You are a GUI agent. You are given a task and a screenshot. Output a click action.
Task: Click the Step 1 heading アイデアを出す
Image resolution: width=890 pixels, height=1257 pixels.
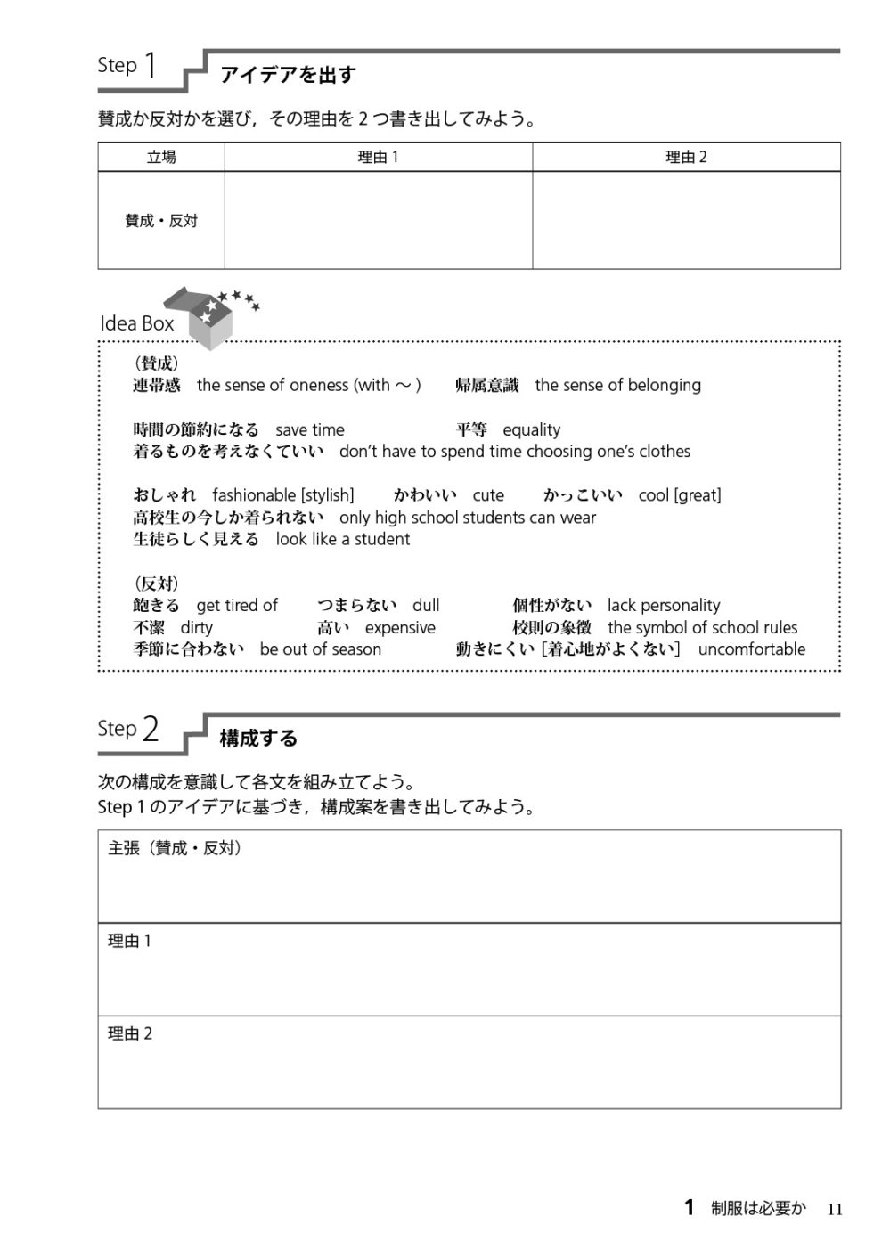coord(287,75)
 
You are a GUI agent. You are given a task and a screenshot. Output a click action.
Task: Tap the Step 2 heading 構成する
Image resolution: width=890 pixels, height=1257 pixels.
coord(258,739)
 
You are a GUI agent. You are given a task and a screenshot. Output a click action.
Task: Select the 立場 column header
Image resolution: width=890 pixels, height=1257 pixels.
coord(161,158)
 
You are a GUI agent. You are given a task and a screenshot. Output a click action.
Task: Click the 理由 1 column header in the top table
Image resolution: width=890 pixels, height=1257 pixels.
coord(378,158)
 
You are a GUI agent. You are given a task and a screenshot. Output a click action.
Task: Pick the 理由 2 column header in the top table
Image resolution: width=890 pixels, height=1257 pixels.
coord(686,158)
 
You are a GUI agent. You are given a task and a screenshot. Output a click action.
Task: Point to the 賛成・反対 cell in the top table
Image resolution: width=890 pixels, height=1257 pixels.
coord(161,221)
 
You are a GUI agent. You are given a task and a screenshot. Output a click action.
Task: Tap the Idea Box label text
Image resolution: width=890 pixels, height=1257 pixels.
coord(136,324)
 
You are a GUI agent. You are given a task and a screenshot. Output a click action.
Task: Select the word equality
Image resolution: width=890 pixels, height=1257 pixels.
coord(532,429)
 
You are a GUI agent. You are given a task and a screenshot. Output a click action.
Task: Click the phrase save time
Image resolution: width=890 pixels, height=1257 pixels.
coord(309,429)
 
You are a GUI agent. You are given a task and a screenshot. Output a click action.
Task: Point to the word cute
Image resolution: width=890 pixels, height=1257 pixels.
coord(488,495)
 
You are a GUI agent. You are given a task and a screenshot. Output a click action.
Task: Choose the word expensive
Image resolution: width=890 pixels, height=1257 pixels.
coord(400,628)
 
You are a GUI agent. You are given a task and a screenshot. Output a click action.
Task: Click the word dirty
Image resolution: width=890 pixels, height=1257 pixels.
coord(196,628)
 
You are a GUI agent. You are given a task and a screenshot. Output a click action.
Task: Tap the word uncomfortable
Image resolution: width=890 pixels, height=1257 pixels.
coord(751,649)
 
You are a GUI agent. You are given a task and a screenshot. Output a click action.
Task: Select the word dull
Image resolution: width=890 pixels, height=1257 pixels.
coord(426,606)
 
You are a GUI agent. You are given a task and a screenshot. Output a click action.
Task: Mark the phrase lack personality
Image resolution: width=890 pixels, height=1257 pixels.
coord(664,606)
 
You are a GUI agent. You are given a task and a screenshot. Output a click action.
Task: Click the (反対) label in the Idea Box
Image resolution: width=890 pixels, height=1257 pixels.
coord(156,584)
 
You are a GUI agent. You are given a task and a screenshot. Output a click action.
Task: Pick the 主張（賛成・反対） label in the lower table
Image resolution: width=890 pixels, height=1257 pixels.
coord(176,849)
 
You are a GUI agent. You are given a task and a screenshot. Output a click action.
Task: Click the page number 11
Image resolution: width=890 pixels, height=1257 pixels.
coord(834,1209)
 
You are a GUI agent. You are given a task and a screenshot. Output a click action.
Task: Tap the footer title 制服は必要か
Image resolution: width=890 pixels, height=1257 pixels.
coord(758,1209)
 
